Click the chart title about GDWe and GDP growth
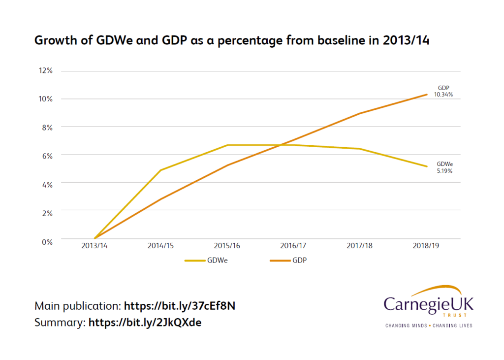(x=231, y=41)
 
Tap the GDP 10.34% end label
(x=443, y=91)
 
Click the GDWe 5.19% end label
(x=444, y=167)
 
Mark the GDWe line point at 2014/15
(x=161, y=170)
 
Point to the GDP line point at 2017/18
(x=360, y=114)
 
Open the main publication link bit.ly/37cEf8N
(x=179, y=306)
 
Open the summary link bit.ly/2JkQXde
(x=145, y=323)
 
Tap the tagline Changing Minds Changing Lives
(x=428, y=326)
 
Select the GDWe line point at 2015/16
(x=227, y=145)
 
